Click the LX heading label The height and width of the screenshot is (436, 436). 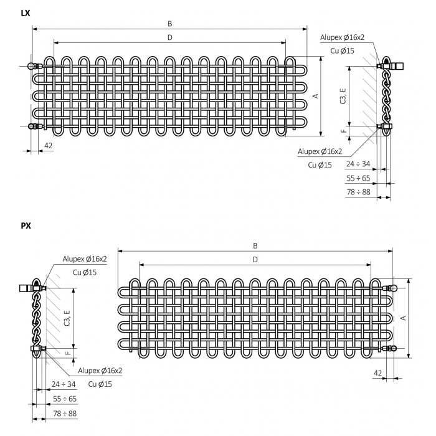coord(26,13)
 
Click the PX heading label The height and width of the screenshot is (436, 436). coord(26,225)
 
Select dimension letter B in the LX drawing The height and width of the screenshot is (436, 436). coord(170,24)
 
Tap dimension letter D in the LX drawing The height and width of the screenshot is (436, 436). coord(170,37)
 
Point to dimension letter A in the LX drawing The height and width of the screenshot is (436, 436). coord(315,96)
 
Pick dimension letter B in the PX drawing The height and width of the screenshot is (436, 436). coord(255,246)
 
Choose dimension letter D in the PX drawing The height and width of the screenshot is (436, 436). coord(255,260)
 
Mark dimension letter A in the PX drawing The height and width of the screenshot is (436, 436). coord(404,318)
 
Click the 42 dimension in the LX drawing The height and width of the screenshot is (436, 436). coord(48,146)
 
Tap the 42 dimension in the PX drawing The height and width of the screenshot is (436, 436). coord(377,373)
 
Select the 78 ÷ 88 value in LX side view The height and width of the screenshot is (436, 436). coord(358,192)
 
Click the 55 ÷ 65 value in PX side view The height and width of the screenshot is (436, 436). coord(65,399)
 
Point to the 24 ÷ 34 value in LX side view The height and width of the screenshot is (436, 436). coord(358,164)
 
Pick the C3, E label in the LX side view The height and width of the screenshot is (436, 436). coord(343,96)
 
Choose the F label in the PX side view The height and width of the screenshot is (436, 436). coord(67,353)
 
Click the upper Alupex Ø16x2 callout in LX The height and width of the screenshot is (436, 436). coord(342,37)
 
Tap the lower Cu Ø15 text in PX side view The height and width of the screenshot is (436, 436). coord(100,384)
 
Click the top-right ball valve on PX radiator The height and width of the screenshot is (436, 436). coord(391,288)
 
